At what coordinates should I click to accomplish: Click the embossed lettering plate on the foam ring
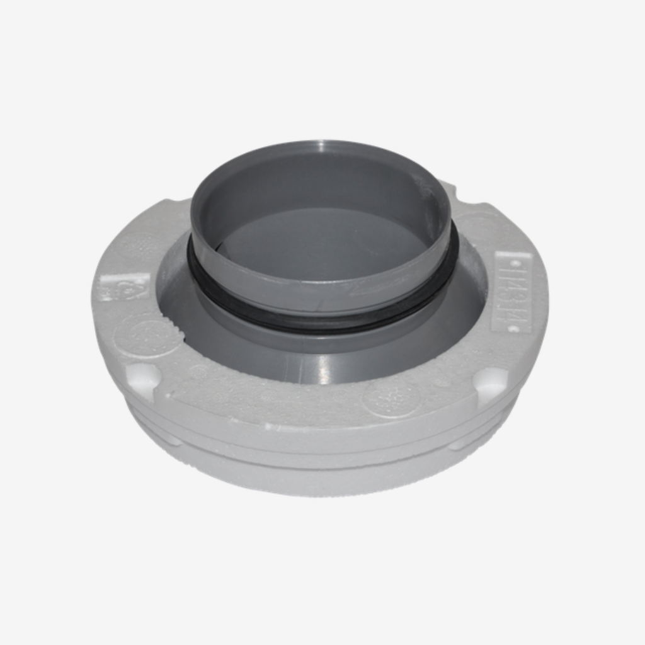click(512, 292)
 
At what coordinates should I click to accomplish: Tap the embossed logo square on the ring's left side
click(123, 287)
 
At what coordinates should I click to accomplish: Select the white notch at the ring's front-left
click(142, 378)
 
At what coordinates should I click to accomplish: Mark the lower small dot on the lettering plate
click(513, 328)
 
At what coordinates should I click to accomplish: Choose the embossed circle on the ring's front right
click(391, 397)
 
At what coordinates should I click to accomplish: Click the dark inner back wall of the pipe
click(315, 183)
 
